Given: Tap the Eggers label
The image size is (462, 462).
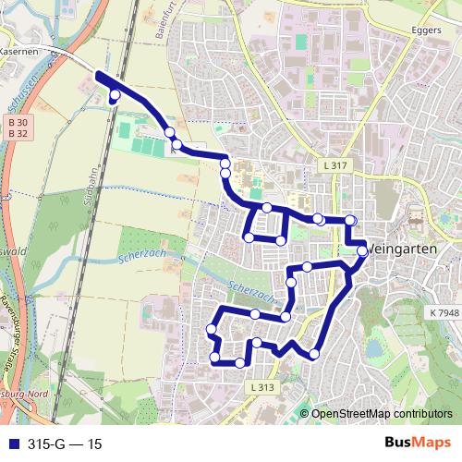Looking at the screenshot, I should point(421,29).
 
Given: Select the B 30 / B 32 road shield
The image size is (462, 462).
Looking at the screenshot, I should point(16,128).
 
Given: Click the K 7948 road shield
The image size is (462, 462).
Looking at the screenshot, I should point(444,314).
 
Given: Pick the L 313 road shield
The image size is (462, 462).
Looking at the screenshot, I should point(262,387).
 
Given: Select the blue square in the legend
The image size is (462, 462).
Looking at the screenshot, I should point(9,444).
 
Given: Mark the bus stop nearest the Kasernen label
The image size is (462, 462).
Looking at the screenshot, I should point(115,94).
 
